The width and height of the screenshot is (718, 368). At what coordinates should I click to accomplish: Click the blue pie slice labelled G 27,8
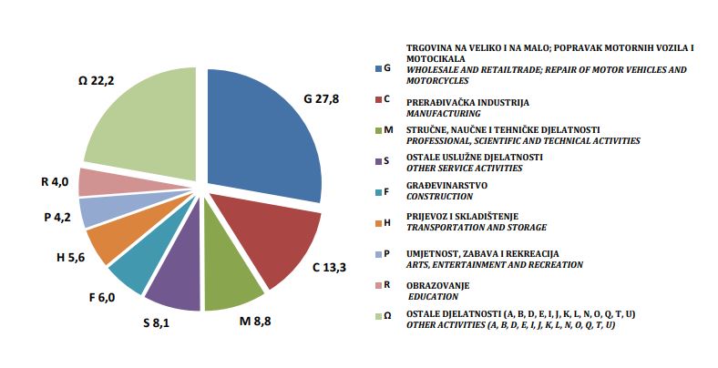(x=264, y=137)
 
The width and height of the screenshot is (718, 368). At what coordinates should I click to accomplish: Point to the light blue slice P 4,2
(x=99, y=211)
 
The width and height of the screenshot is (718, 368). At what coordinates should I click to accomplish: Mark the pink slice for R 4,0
(x=96, y=181)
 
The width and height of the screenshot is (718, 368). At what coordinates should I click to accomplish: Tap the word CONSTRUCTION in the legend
(x=439, y=196)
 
